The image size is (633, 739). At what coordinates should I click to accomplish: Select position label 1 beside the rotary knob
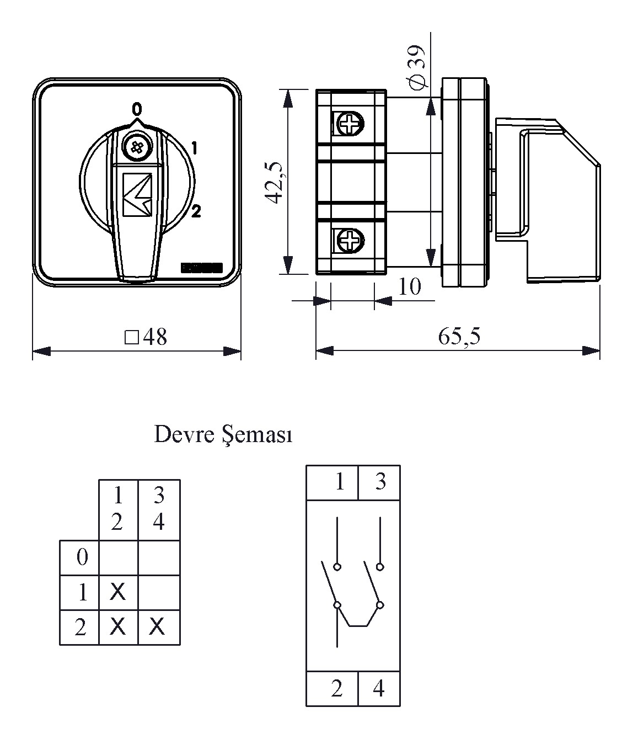[x=195, y=148]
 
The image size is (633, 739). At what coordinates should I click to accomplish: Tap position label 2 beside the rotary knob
[x=196, y=211]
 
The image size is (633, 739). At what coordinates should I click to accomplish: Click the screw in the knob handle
[x=135, y=147]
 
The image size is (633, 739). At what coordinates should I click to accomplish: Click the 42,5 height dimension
[x=274, y=182]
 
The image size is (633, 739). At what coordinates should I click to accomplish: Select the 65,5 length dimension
[x=459, y=336]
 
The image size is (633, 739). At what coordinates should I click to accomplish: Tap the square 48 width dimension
[x=146, y=337]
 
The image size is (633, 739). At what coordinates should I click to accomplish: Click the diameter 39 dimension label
[x=417, y=67]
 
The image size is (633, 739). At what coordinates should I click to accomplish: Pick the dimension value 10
[x=410, y=286]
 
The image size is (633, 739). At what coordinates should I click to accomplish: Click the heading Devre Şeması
[x=223, y=434]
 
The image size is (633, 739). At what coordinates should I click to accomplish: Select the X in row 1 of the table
[x=117, y=592]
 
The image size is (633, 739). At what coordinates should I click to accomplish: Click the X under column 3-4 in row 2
[x=158, y=626]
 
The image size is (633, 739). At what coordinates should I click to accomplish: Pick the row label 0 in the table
[x=82, y=557]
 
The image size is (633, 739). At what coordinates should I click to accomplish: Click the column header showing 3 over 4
[x=159, y=508]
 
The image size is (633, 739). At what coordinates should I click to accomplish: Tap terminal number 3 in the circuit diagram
[x=380, y=482]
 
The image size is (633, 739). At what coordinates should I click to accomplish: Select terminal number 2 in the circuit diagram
[x=336, y=688]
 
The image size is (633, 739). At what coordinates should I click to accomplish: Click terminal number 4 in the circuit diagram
[x=378, y=688]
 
